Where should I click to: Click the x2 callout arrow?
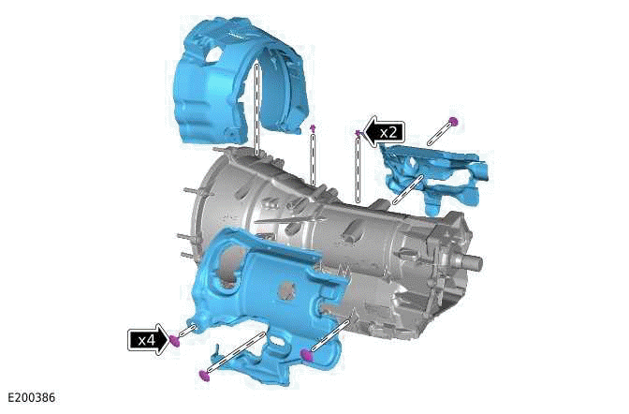[x=384, y=133]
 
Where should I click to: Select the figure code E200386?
[x=29, y=398]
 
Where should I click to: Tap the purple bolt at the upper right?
[x=453, y=121]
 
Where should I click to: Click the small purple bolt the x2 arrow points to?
[x=358, y=133]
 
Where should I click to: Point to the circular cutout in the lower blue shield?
[x=222, y=278]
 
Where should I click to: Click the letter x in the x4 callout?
[x=140, y=339]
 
